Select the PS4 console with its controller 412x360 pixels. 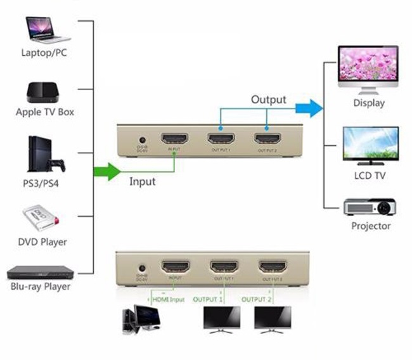coord(45,155)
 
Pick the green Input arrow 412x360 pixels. coord(106,171)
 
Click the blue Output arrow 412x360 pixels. coord(309,108)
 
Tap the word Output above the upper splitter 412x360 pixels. coord(268,100)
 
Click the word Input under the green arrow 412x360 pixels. coord(142,182)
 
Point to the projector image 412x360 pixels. coord(370,207)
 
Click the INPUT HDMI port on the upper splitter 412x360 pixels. coord(174,140)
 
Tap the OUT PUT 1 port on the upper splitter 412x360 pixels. coord(221,140)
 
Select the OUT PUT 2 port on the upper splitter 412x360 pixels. coord(267,140)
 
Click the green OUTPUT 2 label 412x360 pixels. coord(258,299)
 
